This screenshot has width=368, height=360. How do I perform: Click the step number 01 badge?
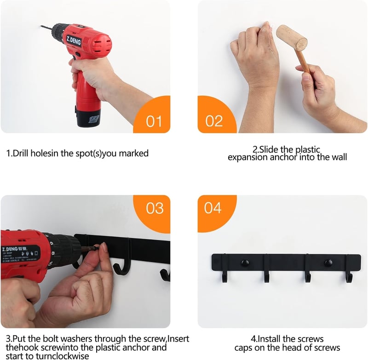pos(154,121)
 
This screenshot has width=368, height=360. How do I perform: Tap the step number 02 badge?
pos(214,121)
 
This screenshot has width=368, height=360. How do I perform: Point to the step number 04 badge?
pos(213,208)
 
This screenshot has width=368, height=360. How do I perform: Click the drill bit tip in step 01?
pos(41,26)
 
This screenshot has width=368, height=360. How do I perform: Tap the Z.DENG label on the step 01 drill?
pos(74,40)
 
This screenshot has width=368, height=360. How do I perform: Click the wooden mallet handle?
pos(303,62)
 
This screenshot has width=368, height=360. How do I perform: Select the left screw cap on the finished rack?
pos(245,263)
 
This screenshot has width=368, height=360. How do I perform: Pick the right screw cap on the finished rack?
pos(328,263)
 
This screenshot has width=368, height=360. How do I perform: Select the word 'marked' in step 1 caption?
pos(134,154)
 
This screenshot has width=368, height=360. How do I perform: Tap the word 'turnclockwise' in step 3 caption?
pos(63,356)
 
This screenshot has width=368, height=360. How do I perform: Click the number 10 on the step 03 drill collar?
pos(50,263)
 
